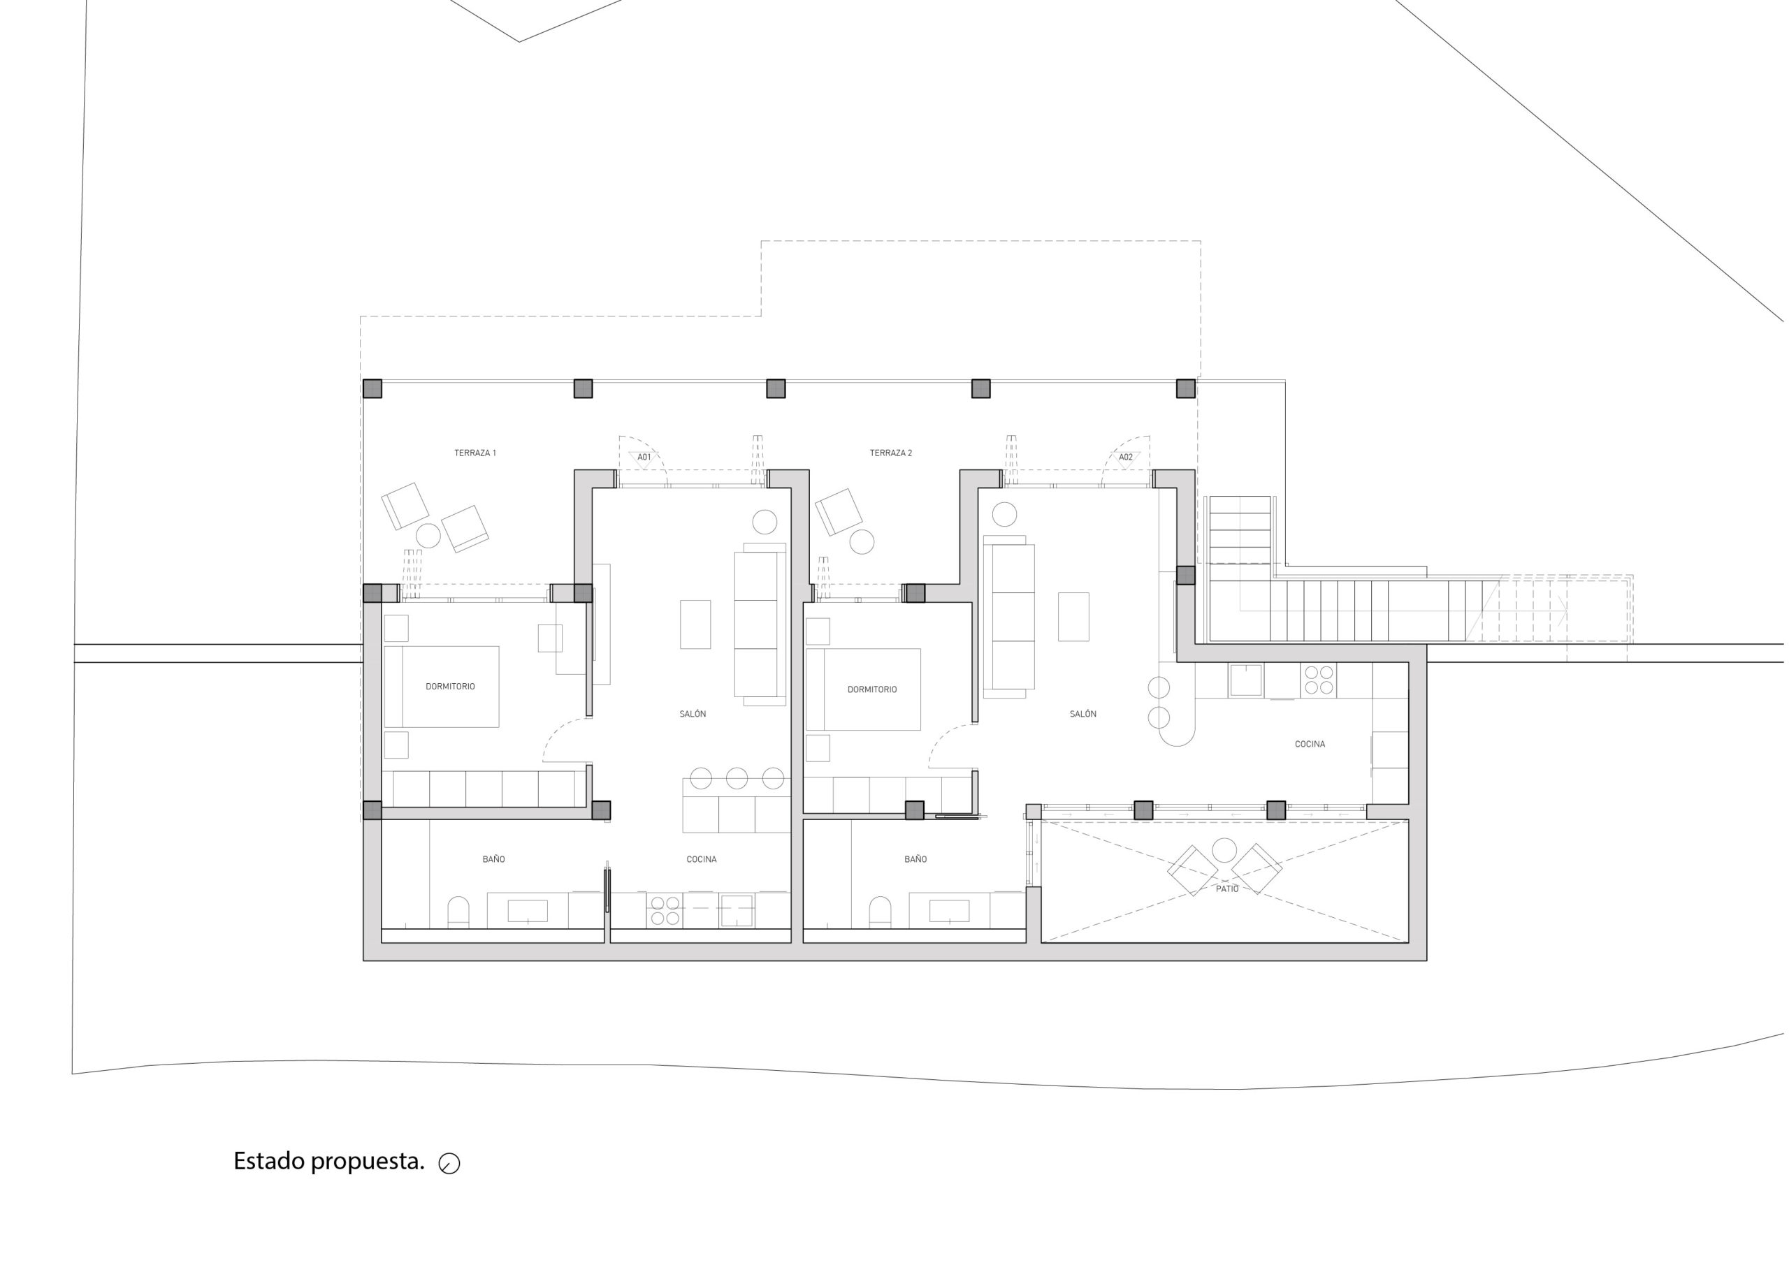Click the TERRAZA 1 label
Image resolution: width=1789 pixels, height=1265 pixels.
coord(475,453)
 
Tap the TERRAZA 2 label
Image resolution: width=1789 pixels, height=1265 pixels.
coord(890,453)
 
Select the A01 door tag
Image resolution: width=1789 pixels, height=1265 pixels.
coord(644,458)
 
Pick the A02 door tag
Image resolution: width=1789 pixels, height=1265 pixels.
coord(1126,458)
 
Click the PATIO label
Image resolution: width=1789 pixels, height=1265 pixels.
coord(1227,889)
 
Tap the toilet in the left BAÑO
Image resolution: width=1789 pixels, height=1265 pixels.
coord(458,912)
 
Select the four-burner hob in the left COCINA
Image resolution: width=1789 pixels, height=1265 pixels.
coord(665,911)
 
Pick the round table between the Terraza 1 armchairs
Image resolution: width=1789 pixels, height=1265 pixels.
coord(428,536)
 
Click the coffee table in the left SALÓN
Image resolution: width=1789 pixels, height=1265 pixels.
coord(695,624)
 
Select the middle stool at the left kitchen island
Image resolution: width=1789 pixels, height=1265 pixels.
coord(737,777)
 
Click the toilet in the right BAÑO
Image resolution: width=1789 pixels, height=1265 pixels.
coord(880,912)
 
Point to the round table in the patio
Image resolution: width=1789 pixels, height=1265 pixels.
coord(1224,850)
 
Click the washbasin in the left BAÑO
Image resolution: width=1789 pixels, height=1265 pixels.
coord(528,911)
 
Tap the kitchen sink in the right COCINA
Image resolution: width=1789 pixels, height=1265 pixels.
coord(1246,680)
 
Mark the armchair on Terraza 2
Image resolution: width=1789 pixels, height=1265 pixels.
coord(839,512)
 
